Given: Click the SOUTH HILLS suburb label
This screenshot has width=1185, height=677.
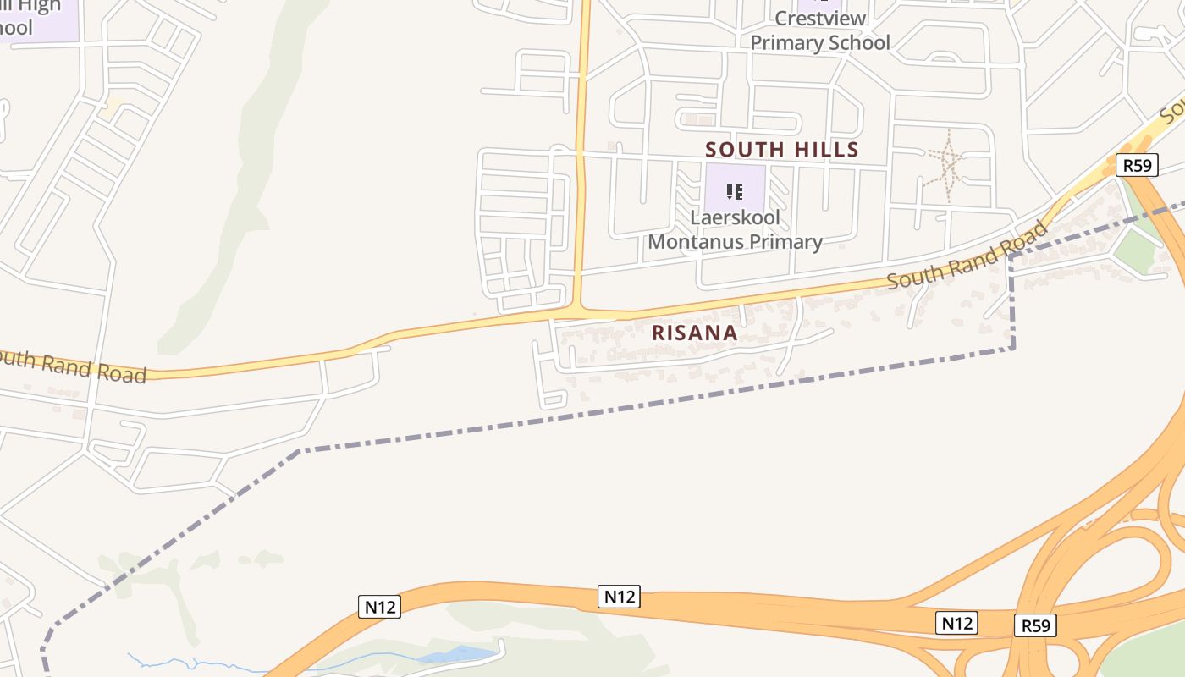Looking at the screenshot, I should tap(782, 150).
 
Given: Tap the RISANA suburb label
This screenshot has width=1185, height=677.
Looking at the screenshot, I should tap(694, 333).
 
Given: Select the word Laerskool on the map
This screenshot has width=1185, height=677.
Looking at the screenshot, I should tap(735, 217).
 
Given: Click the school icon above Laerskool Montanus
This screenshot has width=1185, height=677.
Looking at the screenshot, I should tap(735, 190).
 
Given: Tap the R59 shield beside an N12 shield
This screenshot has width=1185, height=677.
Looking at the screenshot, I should tap(1035, 625).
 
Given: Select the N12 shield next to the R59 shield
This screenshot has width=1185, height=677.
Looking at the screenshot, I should tap(957, 624).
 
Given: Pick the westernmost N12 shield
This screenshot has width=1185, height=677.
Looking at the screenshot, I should tap(378, 606).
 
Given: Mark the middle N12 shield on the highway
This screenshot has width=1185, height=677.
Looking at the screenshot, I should tap(619, 596).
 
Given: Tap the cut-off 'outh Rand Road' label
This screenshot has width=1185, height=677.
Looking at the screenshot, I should tap(72, 366).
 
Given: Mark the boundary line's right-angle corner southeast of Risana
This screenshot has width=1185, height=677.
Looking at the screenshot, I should tap(1012, 347).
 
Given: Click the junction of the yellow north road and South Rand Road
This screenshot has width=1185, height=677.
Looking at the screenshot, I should tap(579, 311).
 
